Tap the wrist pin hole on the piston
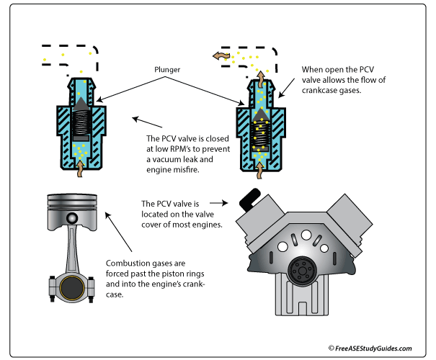pyautogui.click(x=72, y=218)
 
